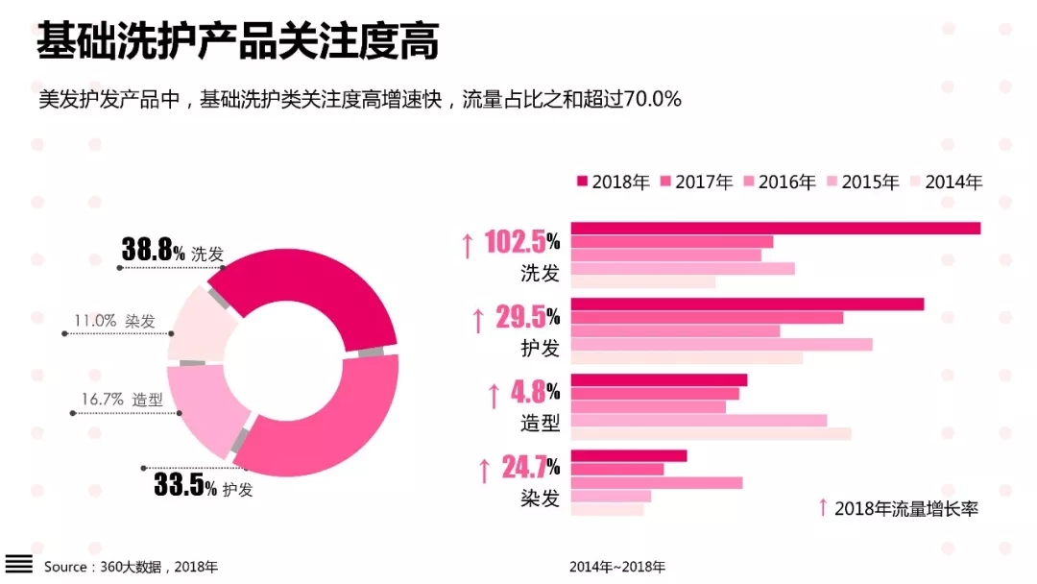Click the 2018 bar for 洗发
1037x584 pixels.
pos(776,228)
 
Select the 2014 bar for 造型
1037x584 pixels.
pos(711,434)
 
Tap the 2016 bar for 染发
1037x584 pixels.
pos(657,482)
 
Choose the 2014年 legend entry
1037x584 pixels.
pos(945,182)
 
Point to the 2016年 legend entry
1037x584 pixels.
pos(779,182)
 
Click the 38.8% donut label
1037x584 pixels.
pos(154,252)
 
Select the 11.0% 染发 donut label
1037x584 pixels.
pos(114,322)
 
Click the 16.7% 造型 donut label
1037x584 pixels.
pos(122,400)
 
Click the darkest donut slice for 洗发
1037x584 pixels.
pos(317,288)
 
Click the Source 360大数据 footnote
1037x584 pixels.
pos(131,567)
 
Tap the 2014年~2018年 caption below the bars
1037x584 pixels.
pos(616,567)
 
